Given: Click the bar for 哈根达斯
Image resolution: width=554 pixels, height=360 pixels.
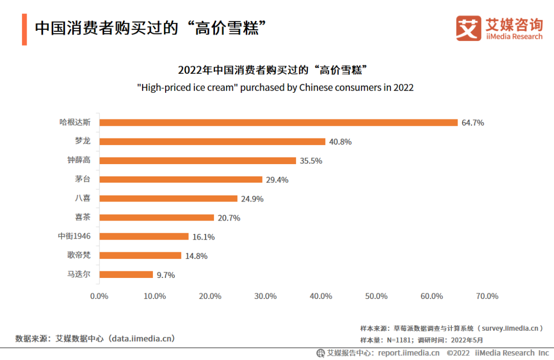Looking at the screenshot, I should coord(278,123).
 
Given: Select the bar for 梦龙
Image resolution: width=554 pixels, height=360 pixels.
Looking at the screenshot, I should coord(212,142).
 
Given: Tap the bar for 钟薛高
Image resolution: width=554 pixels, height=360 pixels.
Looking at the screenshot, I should coord(197,161).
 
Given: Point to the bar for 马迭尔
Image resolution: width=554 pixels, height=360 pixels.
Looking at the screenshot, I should coord(126,274).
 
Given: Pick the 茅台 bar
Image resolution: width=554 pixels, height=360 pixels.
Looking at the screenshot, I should coord(181,179).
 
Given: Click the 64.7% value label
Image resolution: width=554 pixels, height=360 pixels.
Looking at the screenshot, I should coord(473,123).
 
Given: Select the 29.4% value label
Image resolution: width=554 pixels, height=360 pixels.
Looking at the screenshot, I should coord(278,180).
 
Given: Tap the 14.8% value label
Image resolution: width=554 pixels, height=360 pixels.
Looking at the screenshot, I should coord(196,256).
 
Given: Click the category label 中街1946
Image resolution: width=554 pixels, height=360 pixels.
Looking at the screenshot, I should coord(74,236).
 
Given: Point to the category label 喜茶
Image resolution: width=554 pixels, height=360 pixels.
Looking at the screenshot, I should coord(83,217).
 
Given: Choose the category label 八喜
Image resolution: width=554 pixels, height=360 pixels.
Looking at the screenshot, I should coord(83,198).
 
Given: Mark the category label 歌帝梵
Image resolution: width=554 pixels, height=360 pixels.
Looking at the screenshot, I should coord(78,255).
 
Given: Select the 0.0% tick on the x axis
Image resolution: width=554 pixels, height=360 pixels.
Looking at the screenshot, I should coord(99,296).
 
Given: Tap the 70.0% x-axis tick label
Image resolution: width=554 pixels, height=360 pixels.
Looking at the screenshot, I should coord(487,296).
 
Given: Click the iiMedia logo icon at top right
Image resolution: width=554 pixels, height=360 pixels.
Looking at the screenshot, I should coord(468,28).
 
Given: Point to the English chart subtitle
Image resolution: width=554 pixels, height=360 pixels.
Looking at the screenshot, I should coord(275,88).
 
